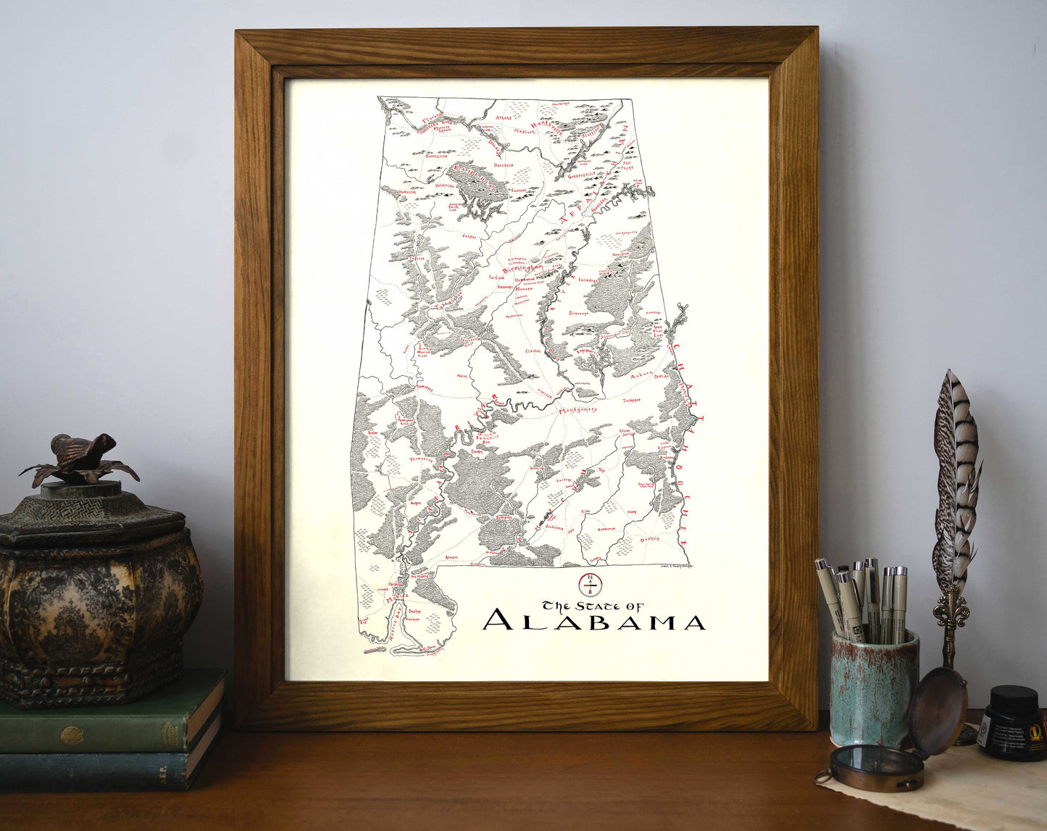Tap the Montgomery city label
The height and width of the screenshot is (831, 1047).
[577, 410]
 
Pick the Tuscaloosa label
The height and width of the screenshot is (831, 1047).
[447, 302]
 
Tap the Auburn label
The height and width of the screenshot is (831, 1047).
[641, 375]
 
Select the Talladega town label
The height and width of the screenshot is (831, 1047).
[588, 279]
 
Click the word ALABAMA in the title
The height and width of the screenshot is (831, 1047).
[594, 622]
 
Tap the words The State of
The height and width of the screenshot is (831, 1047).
[593, 605]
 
